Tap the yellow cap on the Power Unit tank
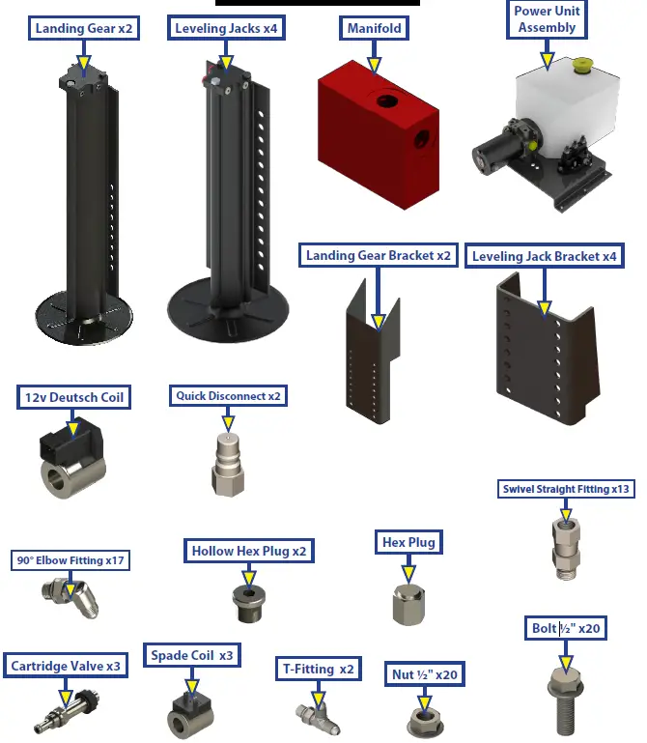pos(581,67)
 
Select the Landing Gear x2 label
pos(84,28)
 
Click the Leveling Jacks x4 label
pos(226,28)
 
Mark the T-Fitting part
pos(317,716)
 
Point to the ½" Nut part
pos(423,718)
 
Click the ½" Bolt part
pos(566,700)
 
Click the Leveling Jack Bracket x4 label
pos(544,257)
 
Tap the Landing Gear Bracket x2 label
pos(379,256)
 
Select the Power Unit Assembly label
pos(547,19)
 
